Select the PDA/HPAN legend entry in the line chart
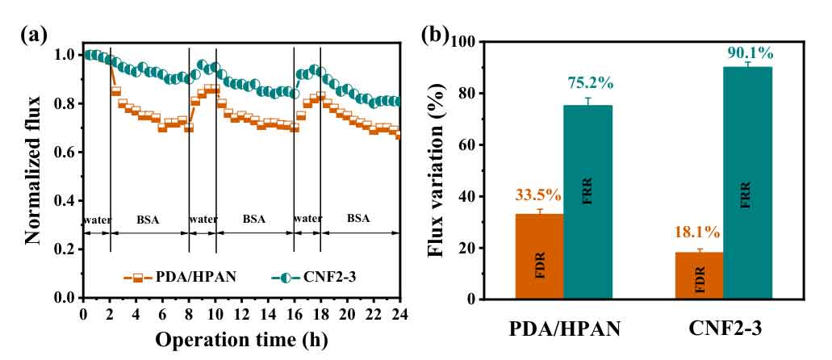165,278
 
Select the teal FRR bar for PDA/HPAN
587,202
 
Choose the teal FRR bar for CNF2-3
748,182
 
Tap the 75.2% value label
588,84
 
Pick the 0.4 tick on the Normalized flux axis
67,201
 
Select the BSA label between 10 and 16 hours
254,219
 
